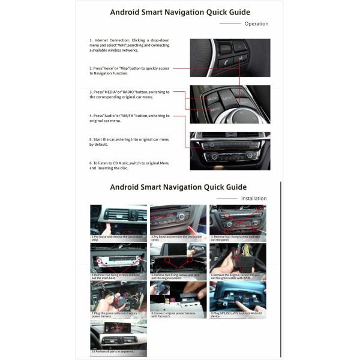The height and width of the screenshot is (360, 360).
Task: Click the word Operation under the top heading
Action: point(256,24)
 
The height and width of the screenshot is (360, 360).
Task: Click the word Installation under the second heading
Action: point(254,198)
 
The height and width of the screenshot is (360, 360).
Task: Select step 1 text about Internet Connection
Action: point(130,45)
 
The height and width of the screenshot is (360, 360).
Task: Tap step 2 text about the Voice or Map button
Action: point(130,71)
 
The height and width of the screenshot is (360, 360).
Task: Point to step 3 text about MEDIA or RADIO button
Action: point(130,94)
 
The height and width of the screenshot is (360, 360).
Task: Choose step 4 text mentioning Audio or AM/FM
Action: point(130,118)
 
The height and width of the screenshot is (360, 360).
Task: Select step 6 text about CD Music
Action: point(130,166)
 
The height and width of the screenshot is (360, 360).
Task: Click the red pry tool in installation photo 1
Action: point(107,228)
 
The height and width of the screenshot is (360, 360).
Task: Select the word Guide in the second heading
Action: point(234,187)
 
